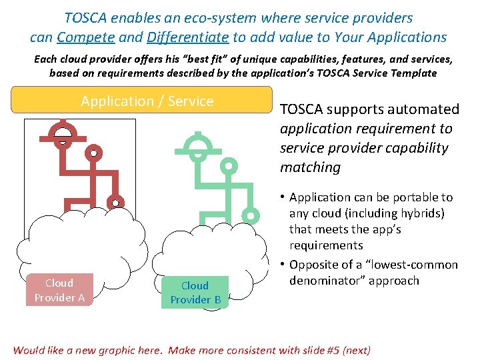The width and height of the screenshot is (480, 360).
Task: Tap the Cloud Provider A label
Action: [59, 290]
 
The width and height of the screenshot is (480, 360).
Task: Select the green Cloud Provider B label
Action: [195, 293]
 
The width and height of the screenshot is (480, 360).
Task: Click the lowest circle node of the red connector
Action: [115, 203]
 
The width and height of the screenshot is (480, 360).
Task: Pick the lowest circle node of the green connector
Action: [251, 215]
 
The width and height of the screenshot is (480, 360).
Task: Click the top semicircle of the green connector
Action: [197, 143]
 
